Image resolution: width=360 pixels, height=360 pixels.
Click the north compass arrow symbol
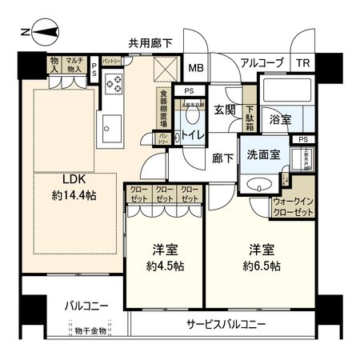tap(40, 32)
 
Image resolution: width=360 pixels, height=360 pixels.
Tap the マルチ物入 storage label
tap(75, 64)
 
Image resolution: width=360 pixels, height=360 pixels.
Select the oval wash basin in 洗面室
tap(259, 185)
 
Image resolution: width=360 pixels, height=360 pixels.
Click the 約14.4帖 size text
tap(70, 194)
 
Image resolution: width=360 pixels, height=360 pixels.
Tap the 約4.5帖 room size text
tap(165, 266)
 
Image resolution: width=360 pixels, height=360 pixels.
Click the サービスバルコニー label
tap(226, 324)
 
